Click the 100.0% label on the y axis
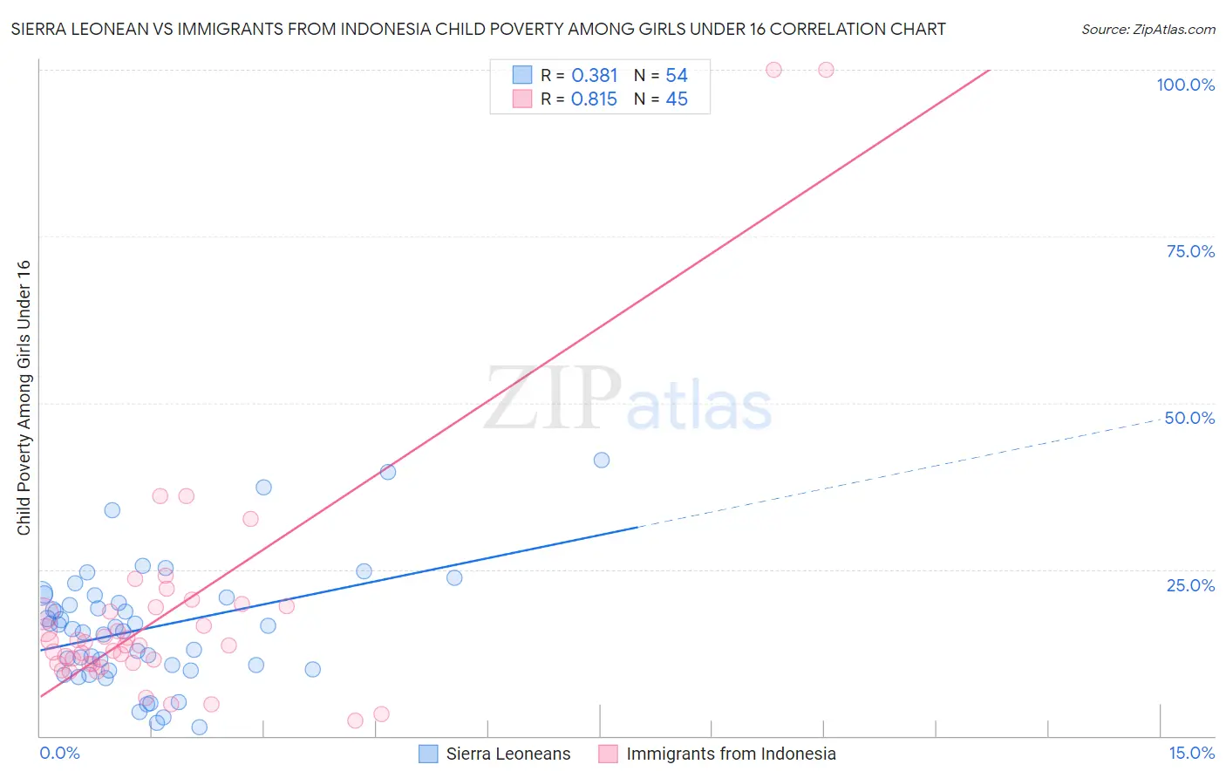point(1185,85)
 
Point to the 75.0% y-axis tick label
point(1190,251)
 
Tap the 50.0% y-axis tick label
point(1189,418)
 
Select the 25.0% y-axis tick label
point(1190,585)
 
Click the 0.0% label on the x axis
point(59,753)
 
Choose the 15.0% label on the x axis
point(1191,753)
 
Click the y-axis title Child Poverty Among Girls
point(24,398)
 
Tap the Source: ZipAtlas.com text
point(1148,30)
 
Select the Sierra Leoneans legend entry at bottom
point(494,754)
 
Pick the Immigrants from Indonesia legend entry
point(717,754)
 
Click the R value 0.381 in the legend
point(594,76)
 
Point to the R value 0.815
point(594,99)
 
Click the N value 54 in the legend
point(677,76)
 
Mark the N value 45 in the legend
point(677,99)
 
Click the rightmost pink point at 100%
point(826,70)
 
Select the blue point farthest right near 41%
point(602,460)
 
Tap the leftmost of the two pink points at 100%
point(773,70)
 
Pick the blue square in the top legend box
point(522,75)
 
